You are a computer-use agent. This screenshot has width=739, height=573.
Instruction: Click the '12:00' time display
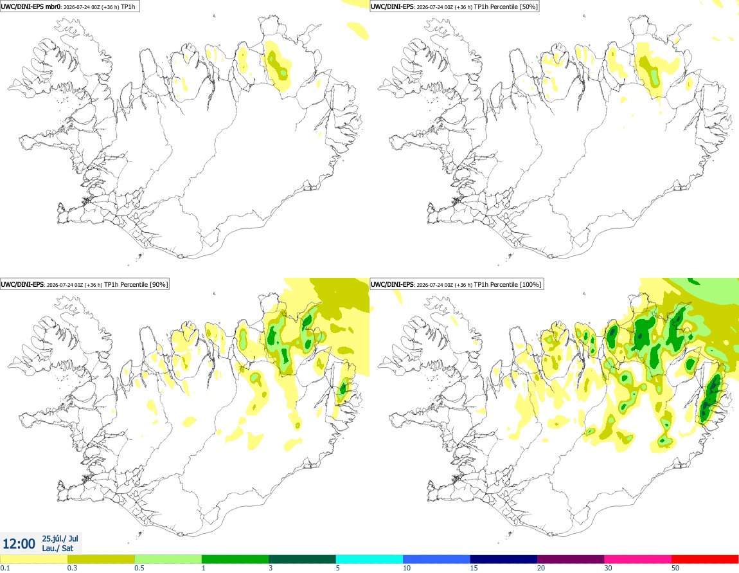(19, 544)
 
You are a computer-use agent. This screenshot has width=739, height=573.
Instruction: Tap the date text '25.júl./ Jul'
(60, 538)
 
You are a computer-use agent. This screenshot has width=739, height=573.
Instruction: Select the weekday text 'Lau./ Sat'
(57, 548)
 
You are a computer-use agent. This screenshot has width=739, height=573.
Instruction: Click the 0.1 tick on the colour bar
(5, 568)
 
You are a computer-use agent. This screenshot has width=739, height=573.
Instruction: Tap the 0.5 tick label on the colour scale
(139, 568)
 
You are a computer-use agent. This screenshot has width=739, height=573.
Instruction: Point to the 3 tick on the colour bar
(271, 568)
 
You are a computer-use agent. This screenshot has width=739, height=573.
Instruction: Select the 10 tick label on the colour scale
(406, 568)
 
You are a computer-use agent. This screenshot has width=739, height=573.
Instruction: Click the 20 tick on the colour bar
(541, 568)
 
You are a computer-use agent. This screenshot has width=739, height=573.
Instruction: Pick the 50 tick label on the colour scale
(675, 568)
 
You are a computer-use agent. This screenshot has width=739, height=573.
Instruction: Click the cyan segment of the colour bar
(369, 559)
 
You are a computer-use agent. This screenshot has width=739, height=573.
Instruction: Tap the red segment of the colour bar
(705, 559)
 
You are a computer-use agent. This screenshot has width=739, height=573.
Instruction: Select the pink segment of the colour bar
(637, 559)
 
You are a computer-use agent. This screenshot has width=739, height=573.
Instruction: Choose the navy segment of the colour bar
(503, 559)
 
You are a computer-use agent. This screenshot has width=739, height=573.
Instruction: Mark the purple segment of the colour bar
(571, 559)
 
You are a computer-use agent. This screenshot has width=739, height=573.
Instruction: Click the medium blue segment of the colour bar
(436, 559)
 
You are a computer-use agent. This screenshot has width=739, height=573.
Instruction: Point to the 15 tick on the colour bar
(474, 568)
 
